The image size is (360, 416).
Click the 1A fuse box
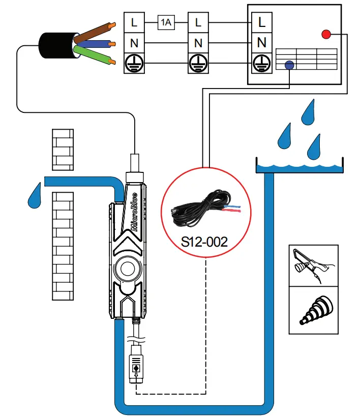166,22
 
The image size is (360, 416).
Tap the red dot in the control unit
326,35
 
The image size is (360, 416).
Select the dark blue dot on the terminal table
289,65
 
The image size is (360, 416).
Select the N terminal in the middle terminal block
198,43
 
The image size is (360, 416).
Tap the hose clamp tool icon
313,265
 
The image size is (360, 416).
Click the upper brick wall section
63,149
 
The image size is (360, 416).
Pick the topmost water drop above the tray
308,113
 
